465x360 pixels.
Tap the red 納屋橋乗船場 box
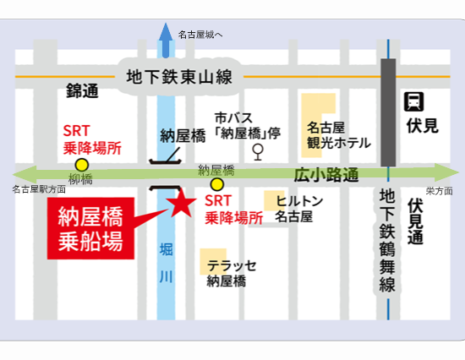pyautogui.click(x=90, y=228)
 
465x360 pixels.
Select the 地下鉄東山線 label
pyautogui.click(x=178, y=76)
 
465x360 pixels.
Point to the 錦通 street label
pyautogui.click(x=83, y=90)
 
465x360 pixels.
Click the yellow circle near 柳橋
pyautogui.click(x=82, y=165)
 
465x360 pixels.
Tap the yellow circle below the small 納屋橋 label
pyautogui.click(x=217, y=184)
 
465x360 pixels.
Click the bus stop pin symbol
pyautogui.click(x=257, y=152)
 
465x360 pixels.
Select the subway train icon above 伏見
pyautogui.click(x=414, y=101)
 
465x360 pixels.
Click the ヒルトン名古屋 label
pyautogui.click(x=294, y=208)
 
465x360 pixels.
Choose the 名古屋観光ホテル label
pyautogui.click(x=338, y=135)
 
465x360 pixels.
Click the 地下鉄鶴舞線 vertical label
pyautogui.click(x=388, y=241)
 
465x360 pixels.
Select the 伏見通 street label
pyautogui.click(x=415, y=222)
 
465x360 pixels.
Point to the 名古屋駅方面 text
pyautogui.click(x=39, y=190)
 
